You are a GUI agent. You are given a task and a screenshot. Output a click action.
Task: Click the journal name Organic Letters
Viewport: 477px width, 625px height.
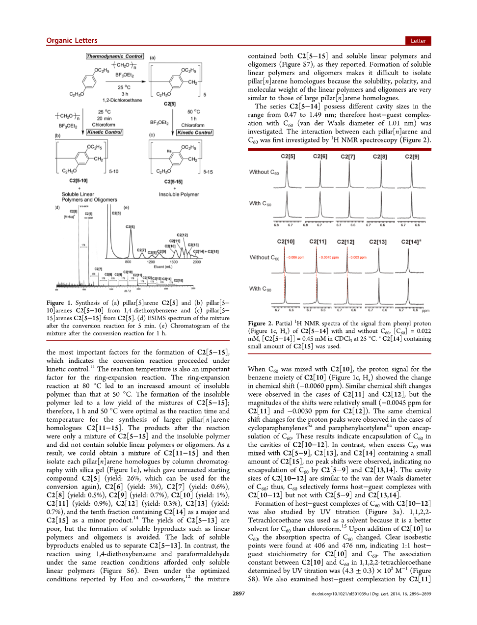[x=72, y=41]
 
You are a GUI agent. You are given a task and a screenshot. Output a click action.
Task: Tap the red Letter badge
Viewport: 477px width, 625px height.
[x=418, y=41]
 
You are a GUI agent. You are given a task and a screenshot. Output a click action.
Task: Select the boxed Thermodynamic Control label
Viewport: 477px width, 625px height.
[x=115, y=56]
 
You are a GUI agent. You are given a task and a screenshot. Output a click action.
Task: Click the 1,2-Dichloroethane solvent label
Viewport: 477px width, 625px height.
[x=122, y=100]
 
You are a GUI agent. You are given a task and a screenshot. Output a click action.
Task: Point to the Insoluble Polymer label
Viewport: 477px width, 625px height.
[x=179, y=194]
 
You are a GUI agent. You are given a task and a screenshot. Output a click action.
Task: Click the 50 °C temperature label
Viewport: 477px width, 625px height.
[x=194, y=111]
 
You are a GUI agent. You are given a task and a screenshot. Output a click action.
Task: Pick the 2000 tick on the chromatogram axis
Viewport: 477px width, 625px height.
[x=197, y=262]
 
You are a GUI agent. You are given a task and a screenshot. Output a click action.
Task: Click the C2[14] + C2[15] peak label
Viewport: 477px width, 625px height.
[x=206, y=251]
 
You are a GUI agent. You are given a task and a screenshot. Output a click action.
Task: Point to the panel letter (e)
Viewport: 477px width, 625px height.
[x=126, y=208]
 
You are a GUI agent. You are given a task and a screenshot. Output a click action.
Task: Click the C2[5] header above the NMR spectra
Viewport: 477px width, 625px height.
[x=288, y=157]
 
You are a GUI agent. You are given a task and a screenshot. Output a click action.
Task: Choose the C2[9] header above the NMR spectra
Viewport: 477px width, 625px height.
[x=412, y=157]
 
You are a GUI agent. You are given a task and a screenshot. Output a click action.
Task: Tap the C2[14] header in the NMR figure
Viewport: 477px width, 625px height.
[x=411, y=242]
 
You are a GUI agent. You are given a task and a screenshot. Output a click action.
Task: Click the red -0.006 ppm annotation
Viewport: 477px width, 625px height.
[x=296, y=257]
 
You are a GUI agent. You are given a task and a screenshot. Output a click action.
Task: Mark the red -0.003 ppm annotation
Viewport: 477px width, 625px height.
[x=358, y=257]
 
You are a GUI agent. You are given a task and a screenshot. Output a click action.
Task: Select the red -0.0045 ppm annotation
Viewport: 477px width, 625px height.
[x=330, y=257]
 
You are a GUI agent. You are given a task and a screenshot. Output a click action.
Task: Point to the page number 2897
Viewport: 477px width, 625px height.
[x=238, y=594]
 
